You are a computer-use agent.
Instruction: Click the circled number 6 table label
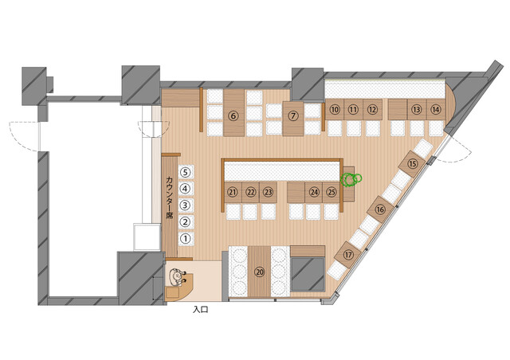pos(233,115)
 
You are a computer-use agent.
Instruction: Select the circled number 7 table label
pos(293,115)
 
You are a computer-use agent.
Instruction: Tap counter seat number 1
pos(186,239)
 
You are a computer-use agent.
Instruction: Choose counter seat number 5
pos(186,172)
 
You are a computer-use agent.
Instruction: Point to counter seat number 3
pos(186,205)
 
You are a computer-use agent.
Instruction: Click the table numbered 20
pos(259,272)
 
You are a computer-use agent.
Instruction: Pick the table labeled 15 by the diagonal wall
pos(413,164)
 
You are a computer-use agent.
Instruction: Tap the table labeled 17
pos(348,255)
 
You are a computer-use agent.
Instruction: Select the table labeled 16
pos(380,209)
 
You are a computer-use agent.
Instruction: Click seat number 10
pos(335,110)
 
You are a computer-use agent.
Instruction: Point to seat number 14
pos(436,110)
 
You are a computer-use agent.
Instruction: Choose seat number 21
pos(233,192)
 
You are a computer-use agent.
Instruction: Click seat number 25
pos(331,192)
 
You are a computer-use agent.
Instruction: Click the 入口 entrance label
pos(200,309)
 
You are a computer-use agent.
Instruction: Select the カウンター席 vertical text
pos(170,198)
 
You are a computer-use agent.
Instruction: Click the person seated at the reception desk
pos(178,277)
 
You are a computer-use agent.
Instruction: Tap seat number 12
pos(372,110)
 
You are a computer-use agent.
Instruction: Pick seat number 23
pos(268,192)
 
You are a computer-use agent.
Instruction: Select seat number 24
pos(314,192)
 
